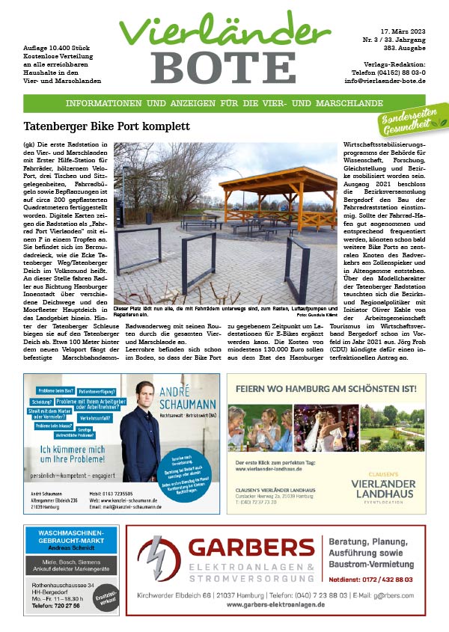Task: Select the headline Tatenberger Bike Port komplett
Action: point(106,126)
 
